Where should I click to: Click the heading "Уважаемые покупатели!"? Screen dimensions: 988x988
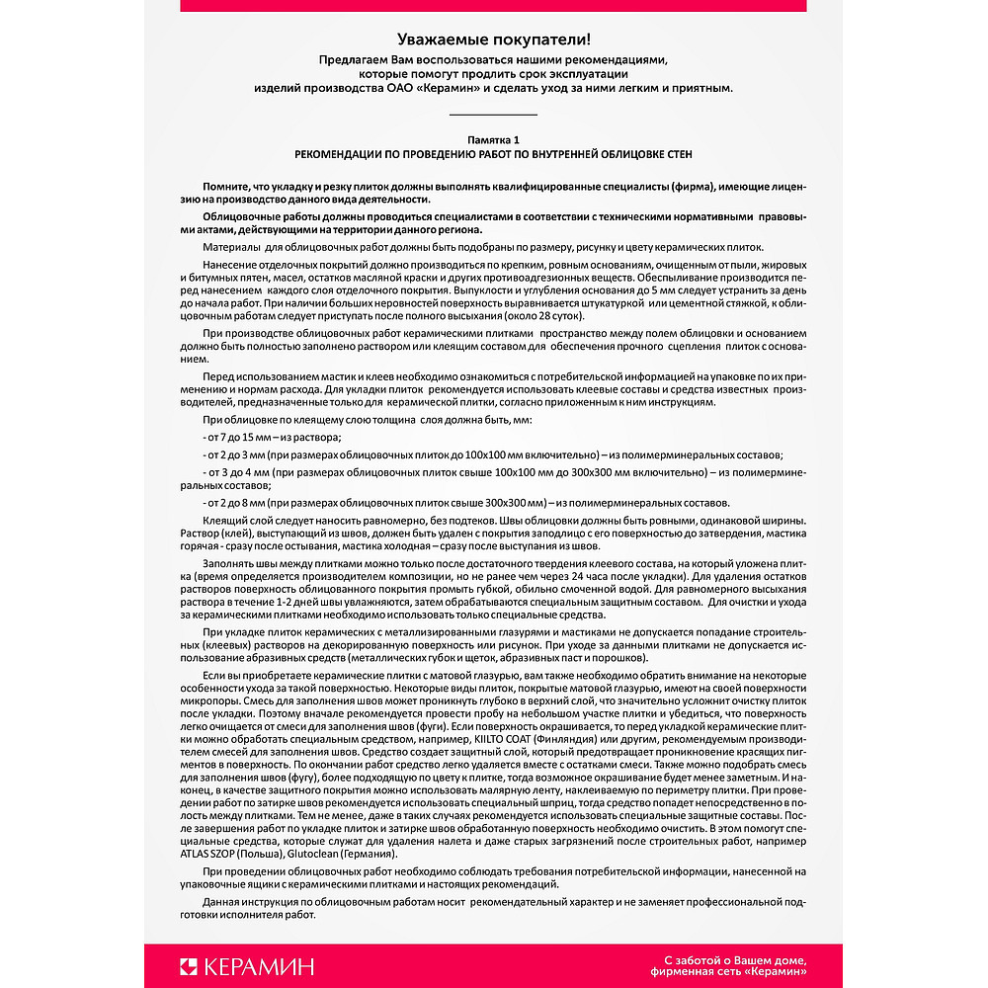click(x=493, y=40)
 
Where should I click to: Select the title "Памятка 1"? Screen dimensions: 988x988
click(x=493, y=141)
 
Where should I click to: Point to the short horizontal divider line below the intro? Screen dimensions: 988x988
click(x=493, y=115)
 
